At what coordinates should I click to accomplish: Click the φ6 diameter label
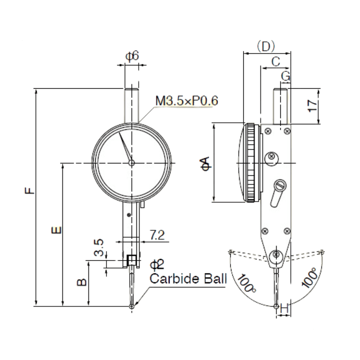tap(132, 56)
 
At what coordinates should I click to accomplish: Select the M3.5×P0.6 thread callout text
tap(187, 101)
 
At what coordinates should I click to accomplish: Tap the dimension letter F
tap(30, 191)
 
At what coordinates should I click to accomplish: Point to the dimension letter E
tap(56, 230)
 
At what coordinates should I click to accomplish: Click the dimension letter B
tap(82, 282)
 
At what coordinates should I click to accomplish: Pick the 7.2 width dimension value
tap(157, 235)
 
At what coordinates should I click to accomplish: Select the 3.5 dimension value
tap(99, 248)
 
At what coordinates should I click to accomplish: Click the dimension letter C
tap(276, 62)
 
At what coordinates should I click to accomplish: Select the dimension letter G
tap(286, 76)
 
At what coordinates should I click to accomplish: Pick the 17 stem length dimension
tap(312, 106)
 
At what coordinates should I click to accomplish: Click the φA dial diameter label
tap(205, 163)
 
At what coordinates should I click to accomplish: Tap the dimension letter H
tap(284, 308)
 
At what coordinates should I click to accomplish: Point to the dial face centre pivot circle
tap(132, 163)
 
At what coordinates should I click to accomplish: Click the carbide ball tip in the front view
tap(132, 307)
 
